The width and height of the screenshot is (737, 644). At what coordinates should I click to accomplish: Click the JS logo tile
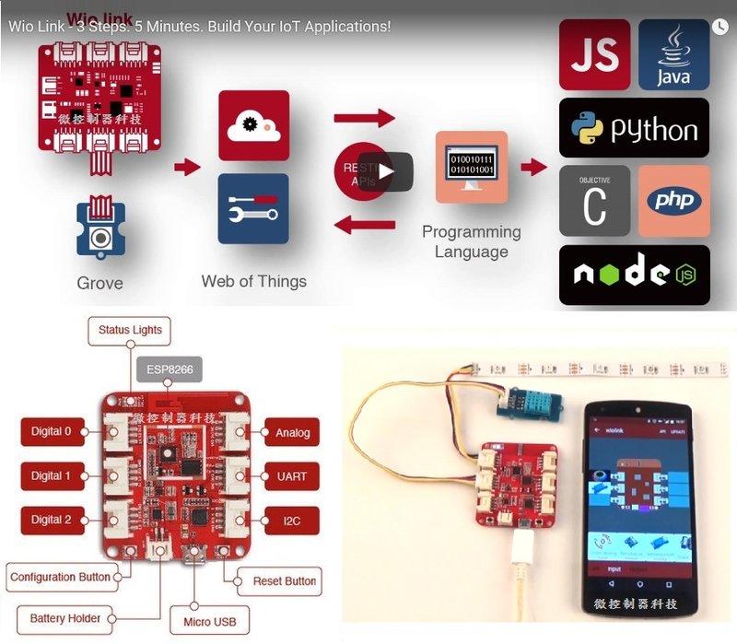tap(595, 54)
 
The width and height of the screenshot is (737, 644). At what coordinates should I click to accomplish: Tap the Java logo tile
tap(673, 54)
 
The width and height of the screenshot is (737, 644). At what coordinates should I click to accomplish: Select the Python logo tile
tap(635, 128)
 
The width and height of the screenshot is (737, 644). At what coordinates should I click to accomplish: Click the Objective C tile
tap(594, 201)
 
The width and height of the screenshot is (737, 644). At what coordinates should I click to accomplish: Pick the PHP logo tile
tap(673, 201)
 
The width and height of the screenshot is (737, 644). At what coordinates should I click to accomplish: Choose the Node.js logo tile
tap(635, 275)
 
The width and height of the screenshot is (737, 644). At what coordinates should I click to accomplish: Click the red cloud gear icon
tap(253, 125)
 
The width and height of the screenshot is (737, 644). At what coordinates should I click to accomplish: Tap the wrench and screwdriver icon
tap(253, 209)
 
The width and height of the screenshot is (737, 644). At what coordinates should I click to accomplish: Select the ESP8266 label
tap(170, 371)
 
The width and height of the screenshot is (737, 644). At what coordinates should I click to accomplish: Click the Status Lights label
tap(130, 330)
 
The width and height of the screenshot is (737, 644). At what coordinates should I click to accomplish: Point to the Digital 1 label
tap(51, 476)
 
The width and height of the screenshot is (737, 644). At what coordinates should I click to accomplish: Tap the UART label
tap(291, 476)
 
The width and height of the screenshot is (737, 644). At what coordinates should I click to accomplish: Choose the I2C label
tap(291, 521)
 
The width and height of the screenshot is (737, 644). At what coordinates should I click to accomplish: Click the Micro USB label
tap(209, 622)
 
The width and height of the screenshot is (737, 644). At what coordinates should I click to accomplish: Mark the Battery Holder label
tap(64, 618)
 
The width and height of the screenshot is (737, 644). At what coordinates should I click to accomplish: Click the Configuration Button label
tap(60, 578)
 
